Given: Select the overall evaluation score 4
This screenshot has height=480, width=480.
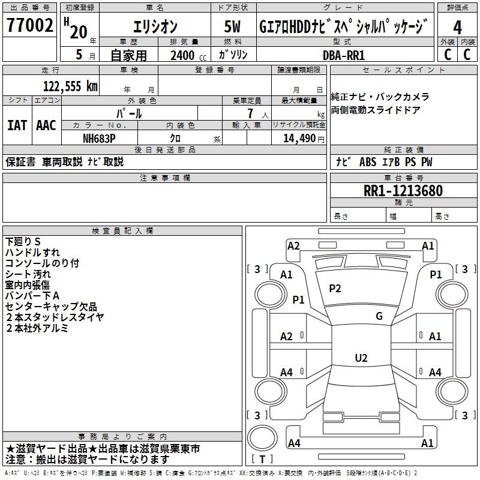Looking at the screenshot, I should [458, 27].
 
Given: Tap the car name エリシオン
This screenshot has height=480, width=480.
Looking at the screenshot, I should [154, 27].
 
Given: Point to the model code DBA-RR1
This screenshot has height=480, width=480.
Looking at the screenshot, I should [344, 55].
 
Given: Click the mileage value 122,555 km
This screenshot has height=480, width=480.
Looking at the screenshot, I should [70, 86].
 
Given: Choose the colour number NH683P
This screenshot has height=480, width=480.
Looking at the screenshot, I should [100, 138].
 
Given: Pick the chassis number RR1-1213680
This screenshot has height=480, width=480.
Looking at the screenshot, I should [403, 191].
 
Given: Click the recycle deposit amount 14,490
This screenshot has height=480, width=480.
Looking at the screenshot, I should [299, 138].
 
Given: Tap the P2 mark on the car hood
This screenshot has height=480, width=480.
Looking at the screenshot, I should [335, 289].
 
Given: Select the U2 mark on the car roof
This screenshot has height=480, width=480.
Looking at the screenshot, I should [361, 358].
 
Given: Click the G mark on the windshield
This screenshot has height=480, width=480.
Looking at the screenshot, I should [379, 316].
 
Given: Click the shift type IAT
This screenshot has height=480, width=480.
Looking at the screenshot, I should [17, 125].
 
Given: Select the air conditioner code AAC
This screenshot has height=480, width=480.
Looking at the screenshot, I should [46, 125].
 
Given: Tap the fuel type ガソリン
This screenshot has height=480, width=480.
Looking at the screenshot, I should [233, 55].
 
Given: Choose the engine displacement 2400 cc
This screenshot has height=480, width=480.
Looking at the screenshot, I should [185, 55].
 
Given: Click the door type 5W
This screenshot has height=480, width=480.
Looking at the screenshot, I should [232, 27].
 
